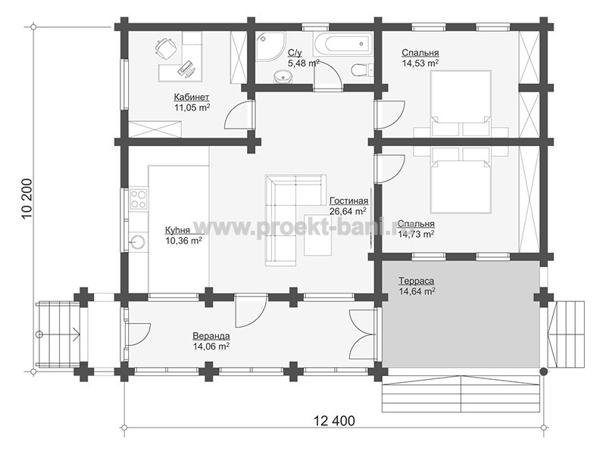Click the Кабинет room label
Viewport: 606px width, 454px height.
[x=192, y=97]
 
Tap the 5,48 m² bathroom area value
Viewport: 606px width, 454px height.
[x=304, y=64]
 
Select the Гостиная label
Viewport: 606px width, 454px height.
[x=348, y=201]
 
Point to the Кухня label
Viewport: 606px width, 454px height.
[x=177, y=231]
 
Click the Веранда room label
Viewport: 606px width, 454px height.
[x=211, y=336]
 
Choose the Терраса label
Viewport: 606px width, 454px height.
[x=416, y=281]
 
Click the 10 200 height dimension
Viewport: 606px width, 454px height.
[x=27, y=198]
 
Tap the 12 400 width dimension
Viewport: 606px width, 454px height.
[x=333, y=421]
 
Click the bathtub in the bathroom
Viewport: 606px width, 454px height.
[x=342, y=43]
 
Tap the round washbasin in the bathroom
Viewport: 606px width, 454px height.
[x=283, y=76]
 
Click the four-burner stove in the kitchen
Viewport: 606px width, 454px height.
[x=139, y=198]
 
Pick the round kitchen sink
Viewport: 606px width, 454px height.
[x=138, y=242]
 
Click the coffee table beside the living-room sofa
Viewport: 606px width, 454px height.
[x=317, y=235]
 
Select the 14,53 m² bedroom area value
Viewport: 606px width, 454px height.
[x=420, y=63]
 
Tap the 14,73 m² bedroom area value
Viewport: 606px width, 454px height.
[x=415, y=234]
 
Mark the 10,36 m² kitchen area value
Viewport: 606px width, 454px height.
[x=183, y=241]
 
